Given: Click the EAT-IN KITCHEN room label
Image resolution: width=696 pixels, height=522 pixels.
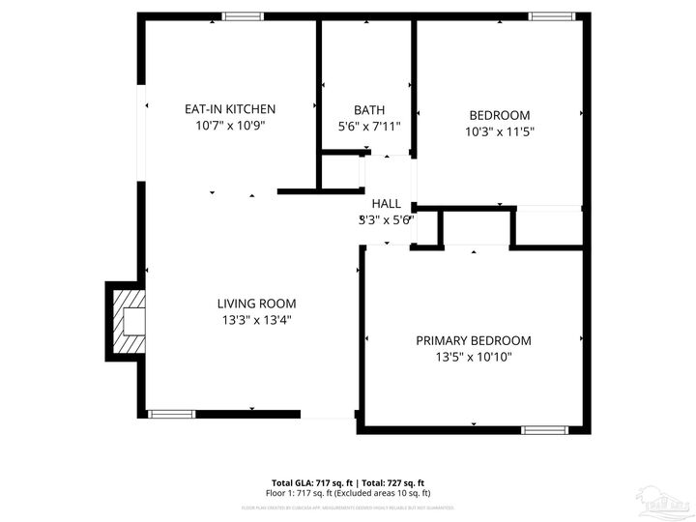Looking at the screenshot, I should [230, 109].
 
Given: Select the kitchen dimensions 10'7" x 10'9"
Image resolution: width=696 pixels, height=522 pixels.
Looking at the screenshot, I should [230, 126].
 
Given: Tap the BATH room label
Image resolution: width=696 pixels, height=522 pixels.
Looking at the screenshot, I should [368, 110].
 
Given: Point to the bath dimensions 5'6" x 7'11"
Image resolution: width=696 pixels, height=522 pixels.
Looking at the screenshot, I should [368, 127].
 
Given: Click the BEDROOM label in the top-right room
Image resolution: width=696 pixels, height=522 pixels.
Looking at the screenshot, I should [500, 113].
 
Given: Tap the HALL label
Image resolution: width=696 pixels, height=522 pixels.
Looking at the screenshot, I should [387, 203].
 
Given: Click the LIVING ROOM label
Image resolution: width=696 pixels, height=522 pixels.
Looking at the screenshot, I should [256, 304].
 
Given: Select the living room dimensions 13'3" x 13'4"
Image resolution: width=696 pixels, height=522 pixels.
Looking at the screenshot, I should [256, 320].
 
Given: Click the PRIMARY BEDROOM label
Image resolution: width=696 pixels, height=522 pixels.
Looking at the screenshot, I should [474, 340].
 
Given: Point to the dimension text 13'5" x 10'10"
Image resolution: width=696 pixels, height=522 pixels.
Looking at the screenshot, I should [474, 357].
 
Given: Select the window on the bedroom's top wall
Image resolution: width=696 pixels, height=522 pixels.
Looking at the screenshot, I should [551, 16].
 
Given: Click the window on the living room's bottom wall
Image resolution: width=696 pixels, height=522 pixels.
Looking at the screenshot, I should [171, 414].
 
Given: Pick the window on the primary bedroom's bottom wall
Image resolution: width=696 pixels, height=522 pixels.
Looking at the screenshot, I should [543, 429].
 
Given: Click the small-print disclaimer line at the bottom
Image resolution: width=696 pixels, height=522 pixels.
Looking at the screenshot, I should [347, 507].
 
